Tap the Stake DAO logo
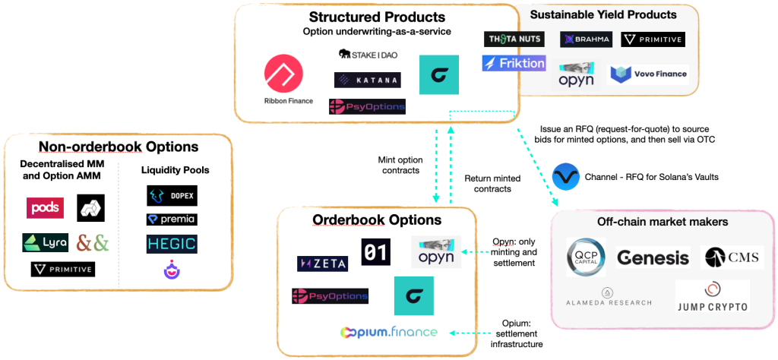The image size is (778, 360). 368,54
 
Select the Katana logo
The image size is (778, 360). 367,79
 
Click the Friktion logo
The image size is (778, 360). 514,63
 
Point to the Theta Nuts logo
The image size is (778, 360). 514,39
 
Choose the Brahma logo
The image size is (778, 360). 586,39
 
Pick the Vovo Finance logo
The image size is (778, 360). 649,74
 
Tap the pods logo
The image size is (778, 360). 45,207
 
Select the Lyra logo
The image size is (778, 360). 45,243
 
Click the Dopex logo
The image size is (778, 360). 172,195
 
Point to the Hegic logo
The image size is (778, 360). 172,244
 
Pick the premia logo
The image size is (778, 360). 172,219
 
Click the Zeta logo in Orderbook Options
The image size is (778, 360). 322,264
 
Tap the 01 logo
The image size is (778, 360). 375,252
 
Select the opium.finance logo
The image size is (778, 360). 389,332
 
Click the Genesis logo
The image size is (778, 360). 653,258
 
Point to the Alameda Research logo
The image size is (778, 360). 607,297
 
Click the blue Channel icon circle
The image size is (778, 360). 566,177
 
